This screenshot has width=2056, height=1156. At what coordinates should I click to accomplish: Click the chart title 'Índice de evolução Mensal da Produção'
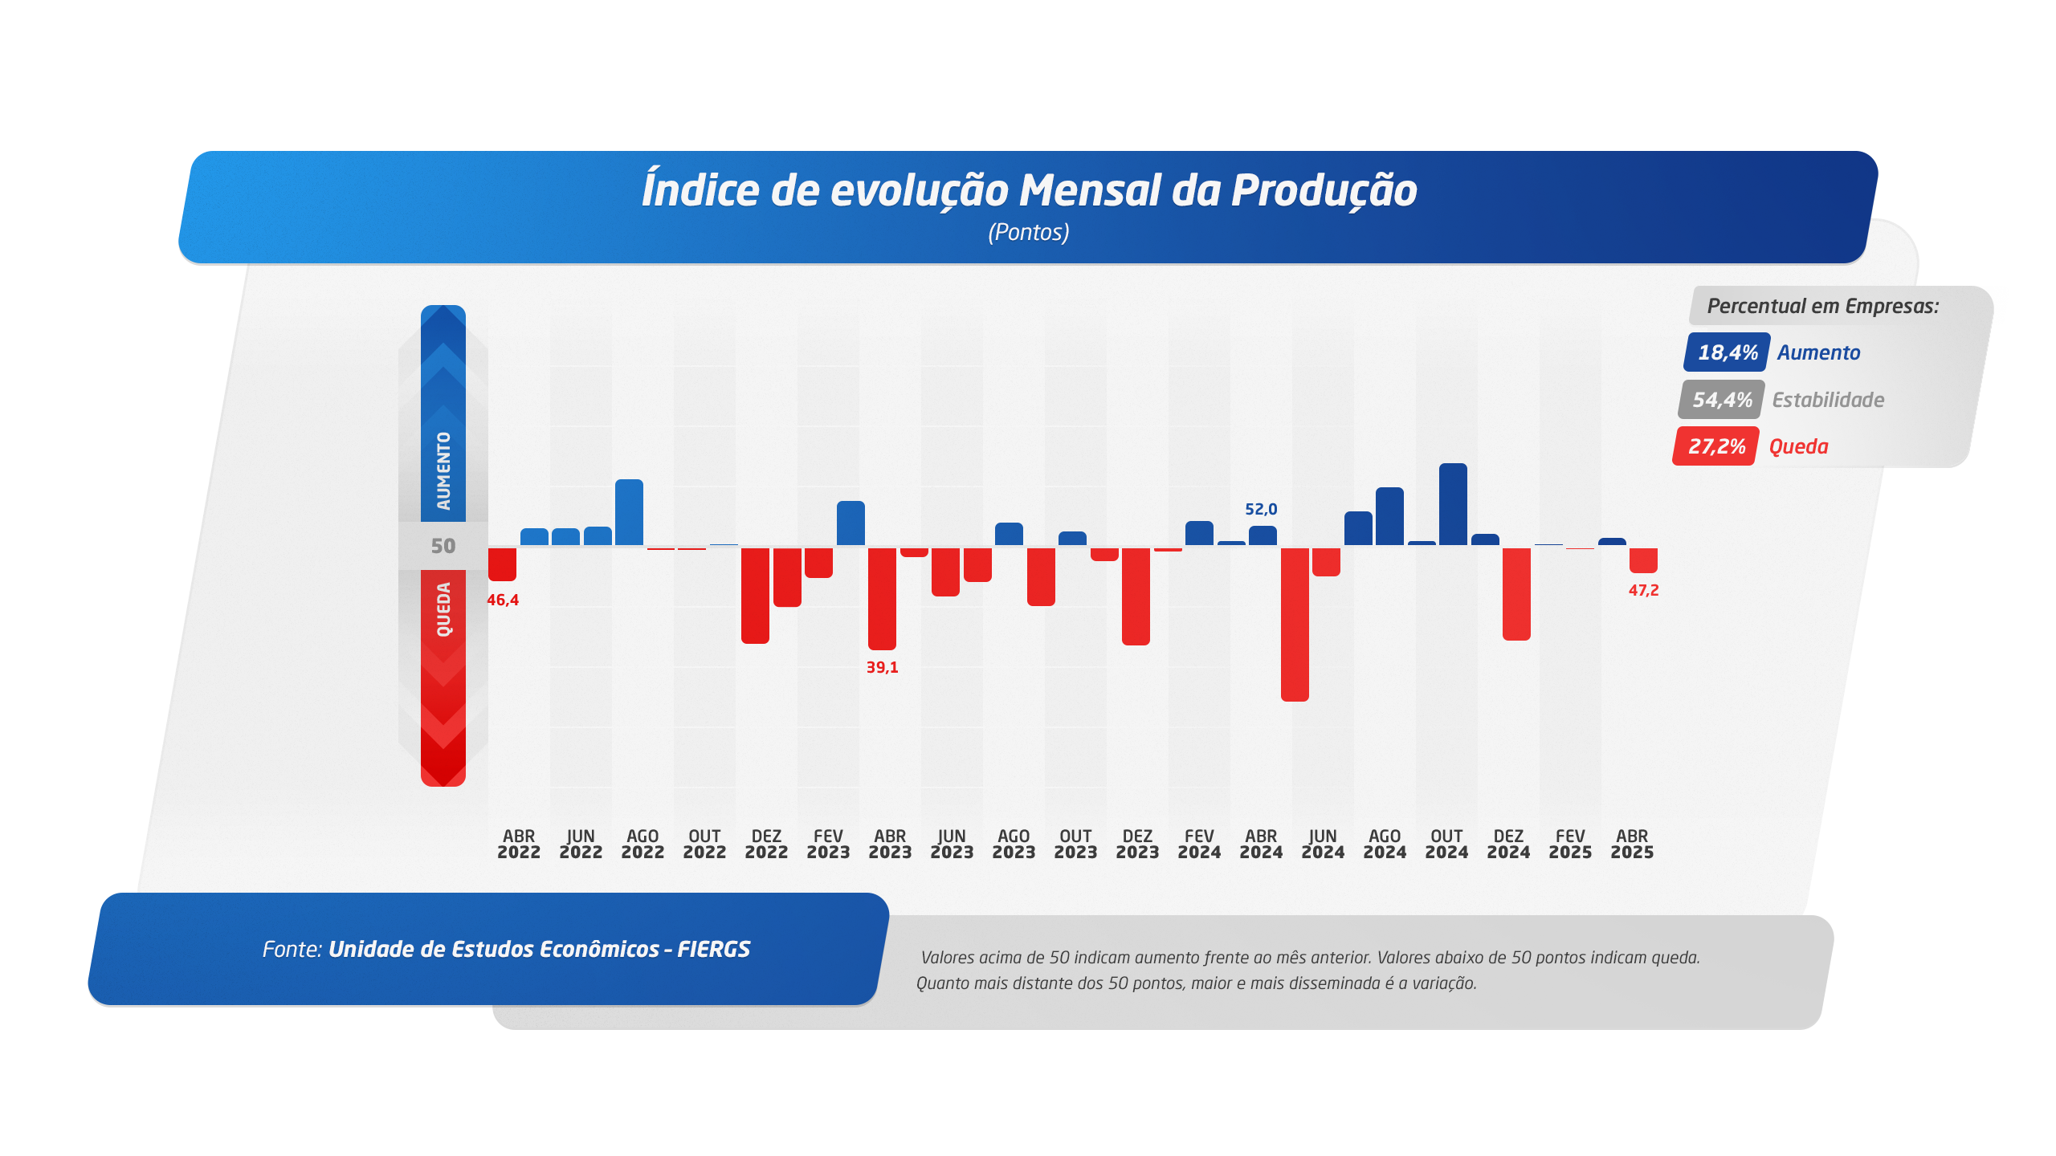(1029, 189)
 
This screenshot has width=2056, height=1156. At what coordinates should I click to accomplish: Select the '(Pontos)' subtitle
(1029, 232)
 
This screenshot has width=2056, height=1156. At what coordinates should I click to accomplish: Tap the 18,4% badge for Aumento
(1727, 352)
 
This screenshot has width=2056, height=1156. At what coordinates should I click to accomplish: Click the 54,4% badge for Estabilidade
(1721, 400)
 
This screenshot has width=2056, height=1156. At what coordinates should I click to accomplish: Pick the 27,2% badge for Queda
(1715, 446)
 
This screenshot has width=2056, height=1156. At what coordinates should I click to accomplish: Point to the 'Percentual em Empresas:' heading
(1823, 306)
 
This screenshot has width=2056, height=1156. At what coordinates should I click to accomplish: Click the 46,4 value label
(503, 600)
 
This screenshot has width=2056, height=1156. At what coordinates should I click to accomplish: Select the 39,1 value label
(882, 667)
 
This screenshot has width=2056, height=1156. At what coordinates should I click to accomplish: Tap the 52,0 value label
(1261, 509)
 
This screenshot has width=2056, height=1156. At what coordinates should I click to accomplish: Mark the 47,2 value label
(1643, 590)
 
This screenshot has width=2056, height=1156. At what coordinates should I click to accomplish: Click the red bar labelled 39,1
(882, 598)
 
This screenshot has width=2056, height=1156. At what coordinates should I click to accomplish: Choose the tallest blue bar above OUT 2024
(1453, 504)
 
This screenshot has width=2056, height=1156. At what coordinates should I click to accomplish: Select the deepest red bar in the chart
(1295, 625)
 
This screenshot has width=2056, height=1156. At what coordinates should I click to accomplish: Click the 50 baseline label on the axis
(443, 546)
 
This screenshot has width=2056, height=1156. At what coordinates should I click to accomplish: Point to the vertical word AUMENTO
(443, 471)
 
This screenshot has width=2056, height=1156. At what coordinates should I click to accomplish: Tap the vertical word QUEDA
(443, 610)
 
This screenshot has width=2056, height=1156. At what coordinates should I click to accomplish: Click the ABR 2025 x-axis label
(1632, 844)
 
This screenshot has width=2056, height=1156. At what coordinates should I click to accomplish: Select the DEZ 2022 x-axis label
(766, 844)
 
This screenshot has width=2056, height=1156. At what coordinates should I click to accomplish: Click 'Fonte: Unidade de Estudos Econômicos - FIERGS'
(506, 949)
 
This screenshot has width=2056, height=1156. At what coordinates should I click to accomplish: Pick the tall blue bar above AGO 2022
(629, 512)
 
